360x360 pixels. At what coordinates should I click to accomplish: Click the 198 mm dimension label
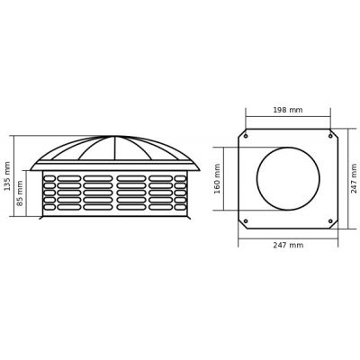point(288,110)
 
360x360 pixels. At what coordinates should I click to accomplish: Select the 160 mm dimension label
point(218,178)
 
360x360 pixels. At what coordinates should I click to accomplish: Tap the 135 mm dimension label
point(7,176)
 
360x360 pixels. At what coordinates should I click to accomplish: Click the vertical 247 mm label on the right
point(354,178)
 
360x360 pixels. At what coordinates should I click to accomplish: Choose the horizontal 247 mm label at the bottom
point(288,245)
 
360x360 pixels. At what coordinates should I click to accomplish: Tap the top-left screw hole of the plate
point(246,136)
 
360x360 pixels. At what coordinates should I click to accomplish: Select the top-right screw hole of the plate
point(330,136)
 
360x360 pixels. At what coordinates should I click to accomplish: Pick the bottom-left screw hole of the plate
point(246,221)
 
